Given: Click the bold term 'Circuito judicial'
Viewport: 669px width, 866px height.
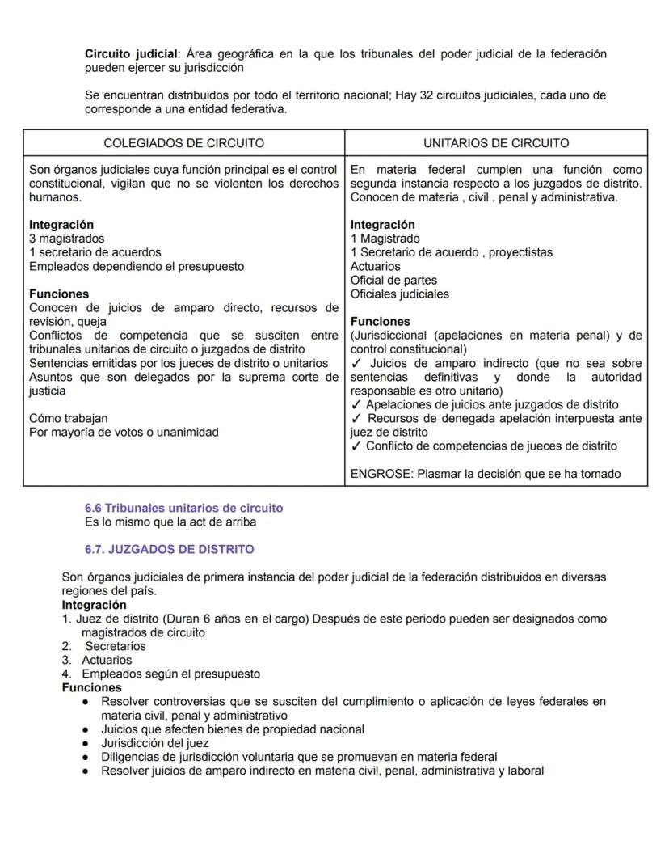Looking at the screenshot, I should [x=131, y=54].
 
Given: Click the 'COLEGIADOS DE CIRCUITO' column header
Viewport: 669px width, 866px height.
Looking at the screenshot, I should [x=183, y=143].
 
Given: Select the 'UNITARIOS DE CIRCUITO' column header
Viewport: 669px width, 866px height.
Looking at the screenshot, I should [x=496, y=143].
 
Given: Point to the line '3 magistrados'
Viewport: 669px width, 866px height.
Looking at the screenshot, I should [x=67, y=239].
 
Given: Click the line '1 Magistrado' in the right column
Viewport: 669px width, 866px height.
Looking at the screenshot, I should [x=385, y=239].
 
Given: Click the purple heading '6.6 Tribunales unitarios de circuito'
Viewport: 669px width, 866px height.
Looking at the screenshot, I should [x=183, y=508].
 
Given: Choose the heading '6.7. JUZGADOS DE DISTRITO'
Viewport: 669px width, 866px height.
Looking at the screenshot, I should [x=169, y=549].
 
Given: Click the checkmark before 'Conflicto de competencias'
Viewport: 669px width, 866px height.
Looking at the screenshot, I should [x=356, y=446].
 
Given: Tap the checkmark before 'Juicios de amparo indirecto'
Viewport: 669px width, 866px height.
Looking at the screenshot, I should [x=356, y=363].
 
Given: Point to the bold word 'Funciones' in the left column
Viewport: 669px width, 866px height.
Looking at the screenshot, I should [x=59, y=294].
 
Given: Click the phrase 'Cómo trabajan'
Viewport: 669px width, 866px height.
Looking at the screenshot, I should [x=68, y=418].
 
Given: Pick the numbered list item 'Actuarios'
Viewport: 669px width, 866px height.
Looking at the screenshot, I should [x=107, y=660].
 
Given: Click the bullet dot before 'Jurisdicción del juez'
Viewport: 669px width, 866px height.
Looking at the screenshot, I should [x=86, y=743].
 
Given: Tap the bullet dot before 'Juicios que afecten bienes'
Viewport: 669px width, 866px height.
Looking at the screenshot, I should [x=86, y=729].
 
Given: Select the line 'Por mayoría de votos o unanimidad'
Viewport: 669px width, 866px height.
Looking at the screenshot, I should [x=124, y=432].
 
